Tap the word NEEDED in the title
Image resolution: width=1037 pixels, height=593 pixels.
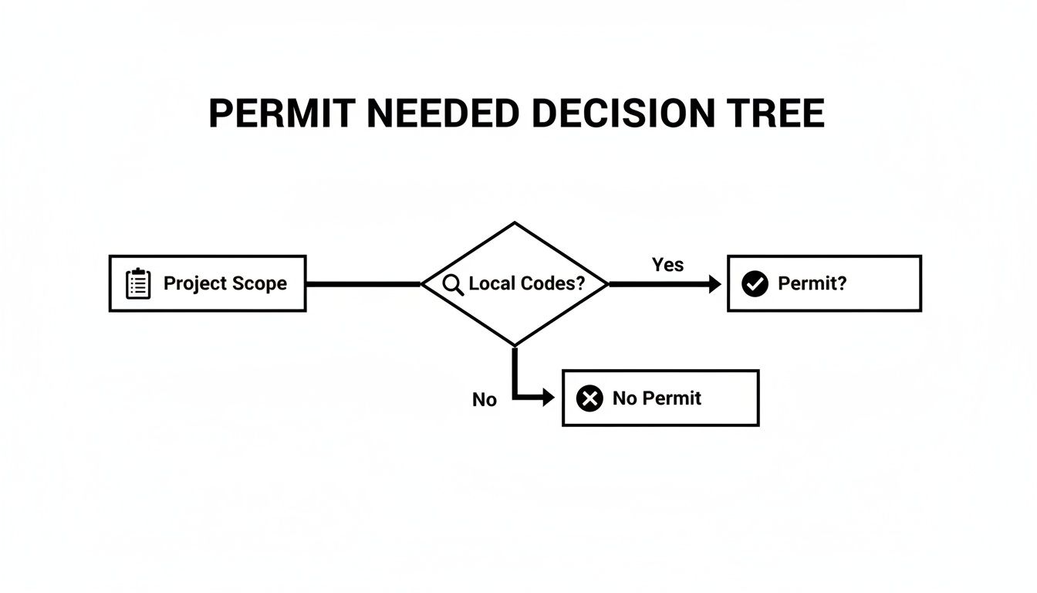[442, 114]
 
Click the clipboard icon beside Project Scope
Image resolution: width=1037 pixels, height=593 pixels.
[138, 283]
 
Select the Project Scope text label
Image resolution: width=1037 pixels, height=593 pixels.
[225, 283]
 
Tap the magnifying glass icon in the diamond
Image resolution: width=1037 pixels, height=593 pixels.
[454, 283]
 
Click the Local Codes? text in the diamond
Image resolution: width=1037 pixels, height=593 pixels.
[527, 283]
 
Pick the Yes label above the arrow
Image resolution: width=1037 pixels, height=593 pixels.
[667, 265]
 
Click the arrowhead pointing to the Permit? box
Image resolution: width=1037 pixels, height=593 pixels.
[714, 284]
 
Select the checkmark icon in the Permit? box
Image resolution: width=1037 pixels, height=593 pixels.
[755, 283]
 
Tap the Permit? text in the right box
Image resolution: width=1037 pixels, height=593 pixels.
[812, 283]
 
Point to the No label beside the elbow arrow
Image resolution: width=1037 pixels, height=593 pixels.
[485, 400]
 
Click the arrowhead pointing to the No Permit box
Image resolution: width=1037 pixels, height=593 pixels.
[548, 398]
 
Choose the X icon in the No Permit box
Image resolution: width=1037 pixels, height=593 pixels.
[589, 398]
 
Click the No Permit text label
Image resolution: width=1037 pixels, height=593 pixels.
[657, 398]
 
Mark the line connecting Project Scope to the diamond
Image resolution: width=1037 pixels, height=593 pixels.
[363, 284]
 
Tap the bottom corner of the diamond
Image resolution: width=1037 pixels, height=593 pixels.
[515, 344]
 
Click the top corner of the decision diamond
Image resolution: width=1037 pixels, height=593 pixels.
[515, 223]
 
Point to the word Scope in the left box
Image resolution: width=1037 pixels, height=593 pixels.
[261, 283]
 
